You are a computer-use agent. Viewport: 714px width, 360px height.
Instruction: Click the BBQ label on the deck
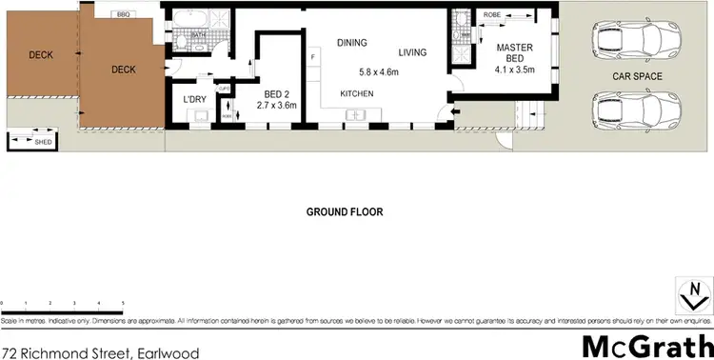[x=124, y=15]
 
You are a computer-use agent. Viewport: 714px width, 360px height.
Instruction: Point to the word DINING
[x=351, y=42]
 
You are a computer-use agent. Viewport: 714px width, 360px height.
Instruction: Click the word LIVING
[x=412, y=51]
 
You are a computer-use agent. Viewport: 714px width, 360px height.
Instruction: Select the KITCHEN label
[x=358, y=93]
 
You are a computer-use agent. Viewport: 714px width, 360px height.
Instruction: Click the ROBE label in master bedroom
[x=492, y=16]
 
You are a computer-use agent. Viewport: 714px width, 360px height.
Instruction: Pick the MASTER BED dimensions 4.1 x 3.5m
[x=515, y=69]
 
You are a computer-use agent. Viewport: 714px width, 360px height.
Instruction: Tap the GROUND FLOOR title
[x=345, y=211]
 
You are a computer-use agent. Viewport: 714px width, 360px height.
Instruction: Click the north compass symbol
[x=693, y=293]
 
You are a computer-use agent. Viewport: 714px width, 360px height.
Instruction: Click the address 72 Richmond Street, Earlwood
[x=100, y=352]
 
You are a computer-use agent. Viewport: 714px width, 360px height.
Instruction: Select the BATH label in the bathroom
[x=198, y=35]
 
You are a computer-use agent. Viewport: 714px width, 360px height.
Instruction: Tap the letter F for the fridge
[x=312, y=58]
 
